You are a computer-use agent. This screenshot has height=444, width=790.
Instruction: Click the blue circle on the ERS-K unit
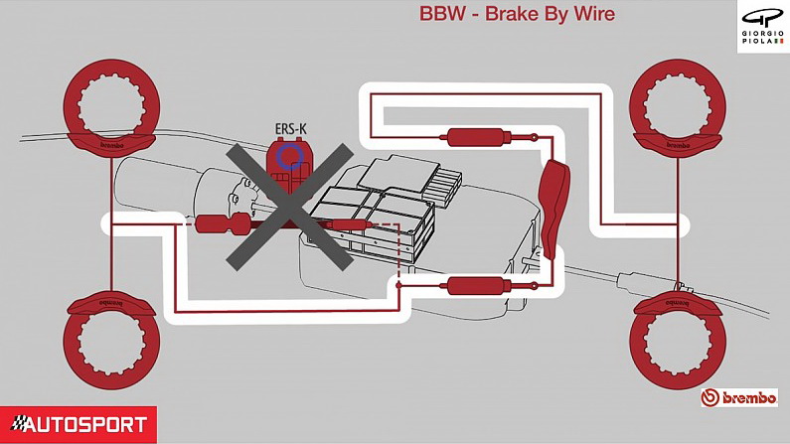pos(290,154)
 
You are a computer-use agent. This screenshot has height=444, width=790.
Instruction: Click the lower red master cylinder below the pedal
pos(468,287)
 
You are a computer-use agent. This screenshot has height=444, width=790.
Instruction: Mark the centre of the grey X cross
pos(289,207)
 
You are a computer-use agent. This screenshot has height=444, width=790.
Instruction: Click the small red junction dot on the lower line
pos(399,286)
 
